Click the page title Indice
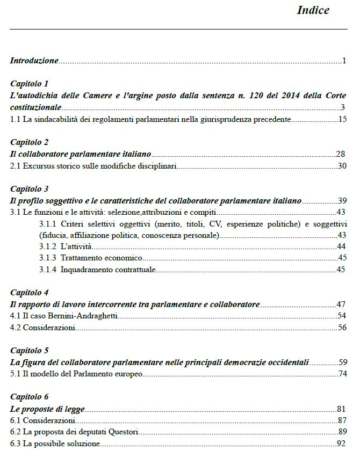(x=313, y=10)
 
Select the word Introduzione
(x=34, y=61)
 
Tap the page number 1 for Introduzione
(x=344, y=61)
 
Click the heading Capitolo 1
(x=30, y=84)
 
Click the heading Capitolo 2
(x=30, y=142)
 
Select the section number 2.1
(x=16, y=166)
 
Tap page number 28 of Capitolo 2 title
(x=341, y=154)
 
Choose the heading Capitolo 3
(x=30, y=189)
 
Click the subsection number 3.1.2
(x=48, y=246)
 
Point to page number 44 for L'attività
(x=341, y=246)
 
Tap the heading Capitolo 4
(x=30, y=293)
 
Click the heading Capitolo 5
(x=30, y=351)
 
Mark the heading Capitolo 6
(x=30, y=397)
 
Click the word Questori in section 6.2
(x=124, y=432)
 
